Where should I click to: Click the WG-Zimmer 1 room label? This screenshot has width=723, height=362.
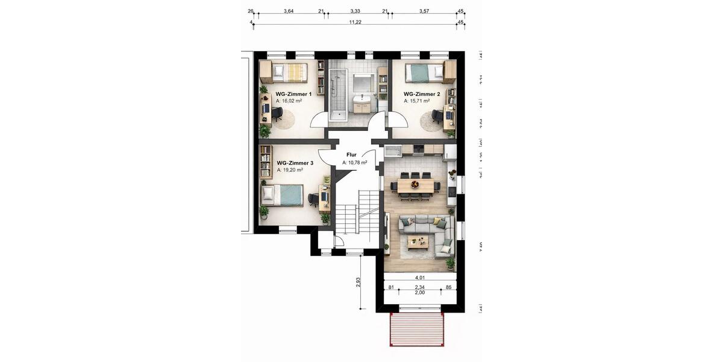(x=293, y=94)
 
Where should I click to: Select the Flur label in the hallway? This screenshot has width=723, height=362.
(x=351, y=155)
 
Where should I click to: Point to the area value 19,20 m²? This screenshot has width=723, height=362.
(x=289, y=170)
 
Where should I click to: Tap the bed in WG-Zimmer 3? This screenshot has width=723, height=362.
(x=282, y=195)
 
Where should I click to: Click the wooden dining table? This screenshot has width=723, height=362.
(x=415, y=186)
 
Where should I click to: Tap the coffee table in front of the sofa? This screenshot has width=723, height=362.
(x=418, y=242)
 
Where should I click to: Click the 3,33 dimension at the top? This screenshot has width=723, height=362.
(x=355, y=11)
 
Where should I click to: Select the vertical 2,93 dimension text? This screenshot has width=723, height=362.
(x=358, y=282)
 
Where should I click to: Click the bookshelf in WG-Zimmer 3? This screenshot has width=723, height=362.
(x=265, y=161)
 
